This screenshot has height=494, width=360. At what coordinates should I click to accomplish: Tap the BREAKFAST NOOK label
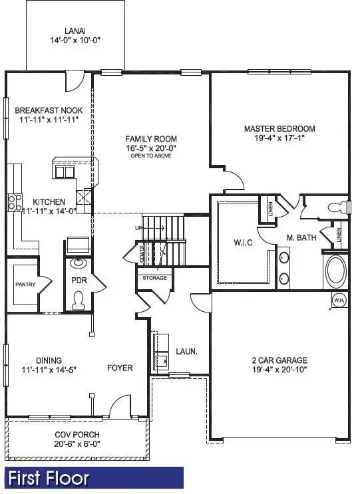[x=49, y=110]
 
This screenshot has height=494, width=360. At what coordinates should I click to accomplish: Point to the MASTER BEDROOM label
[x=279, y=128]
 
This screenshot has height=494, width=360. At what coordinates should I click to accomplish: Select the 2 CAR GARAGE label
[x=280, y=362]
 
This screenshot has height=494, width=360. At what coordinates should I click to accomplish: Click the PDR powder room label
[x=79, y=281]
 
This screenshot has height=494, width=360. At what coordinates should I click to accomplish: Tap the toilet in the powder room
[x=79, y=302]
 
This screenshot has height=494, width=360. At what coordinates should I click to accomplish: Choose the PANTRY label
[x=25, y=285]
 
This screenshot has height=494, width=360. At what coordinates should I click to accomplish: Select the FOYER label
[x=120, y=368]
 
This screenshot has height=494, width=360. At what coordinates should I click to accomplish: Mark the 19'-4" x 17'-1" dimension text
[x=279, y=139]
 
